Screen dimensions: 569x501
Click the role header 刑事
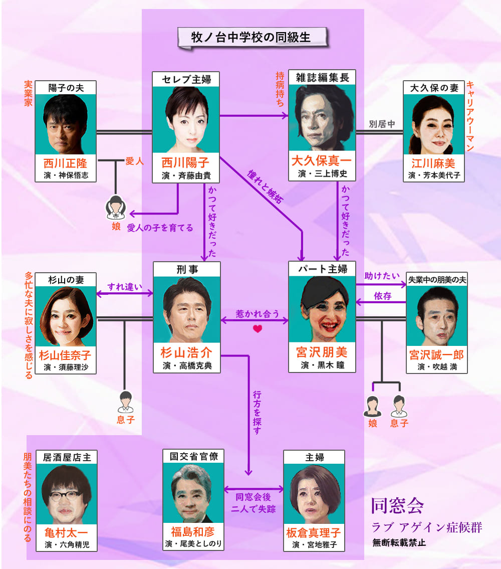tap(186, 269)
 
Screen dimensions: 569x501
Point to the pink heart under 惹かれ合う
tap(258, 329)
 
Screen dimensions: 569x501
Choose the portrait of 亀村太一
tap(66, 490)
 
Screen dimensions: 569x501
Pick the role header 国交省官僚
tap(193, 457)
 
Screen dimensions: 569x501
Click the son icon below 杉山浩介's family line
tap(124, 402)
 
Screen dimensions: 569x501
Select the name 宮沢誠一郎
tap(436, 354)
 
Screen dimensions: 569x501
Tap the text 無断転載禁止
tap(399, 542)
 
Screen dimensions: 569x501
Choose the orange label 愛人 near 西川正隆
tap(134, 161)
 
